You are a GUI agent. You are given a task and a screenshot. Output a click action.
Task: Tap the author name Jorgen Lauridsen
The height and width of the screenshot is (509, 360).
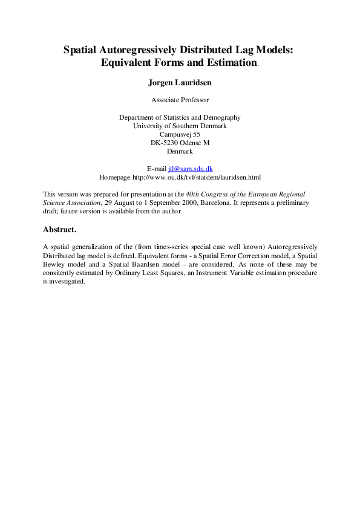(180, 82)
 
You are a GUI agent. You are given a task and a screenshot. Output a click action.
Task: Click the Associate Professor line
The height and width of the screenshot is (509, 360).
(180, 99)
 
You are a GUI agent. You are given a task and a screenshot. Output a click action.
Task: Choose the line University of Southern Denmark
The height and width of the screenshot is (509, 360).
(180, 126)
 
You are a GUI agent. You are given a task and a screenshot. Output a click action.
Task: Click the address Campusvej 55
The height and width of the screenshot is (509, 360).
(180, 134)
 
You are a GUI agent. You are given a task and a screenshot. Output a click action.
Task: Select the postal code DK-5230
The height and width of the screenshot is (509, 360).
(165, 143)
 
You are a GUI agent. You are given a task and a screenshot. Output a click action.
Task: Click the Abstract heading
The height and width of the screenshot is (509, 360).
(60, 230)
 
